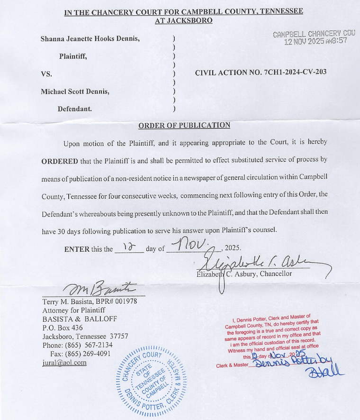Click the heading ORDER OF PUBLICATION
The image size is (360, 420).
[184, 125]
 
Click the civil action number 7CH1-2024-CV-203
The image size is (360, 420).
[261, 73]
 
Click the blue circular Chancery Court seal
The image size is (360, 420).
[151, 381]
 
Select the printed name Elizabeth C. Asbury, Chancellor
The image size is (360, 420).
[244, 274]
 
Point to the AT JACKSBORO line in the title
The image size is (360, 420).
[184, 20]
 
